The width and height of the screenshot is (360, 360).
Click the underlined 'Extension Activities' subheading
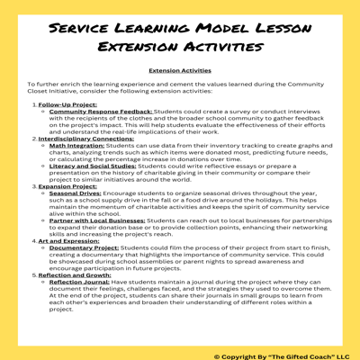point(180,70)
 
